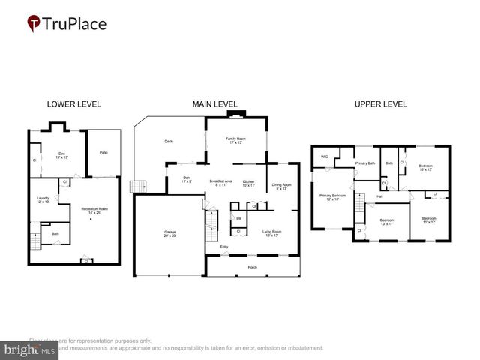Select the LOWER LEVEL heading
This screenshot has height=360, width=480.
coord(73,104)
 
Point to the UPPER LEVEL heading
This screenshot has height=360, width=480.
coord(380,104)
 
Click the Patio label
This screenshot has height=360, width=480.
coord(104,152)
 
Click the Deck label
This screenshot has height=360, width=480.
coord(169,141)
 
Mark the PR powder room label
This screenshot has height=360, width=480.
coord(238,218)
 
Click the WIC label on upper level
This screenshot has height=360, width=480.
coord(324,157)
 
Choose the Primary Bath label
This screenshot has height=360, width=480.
coord(365,163)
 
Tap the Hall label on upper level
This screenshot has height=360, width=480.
coord(379,196)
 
